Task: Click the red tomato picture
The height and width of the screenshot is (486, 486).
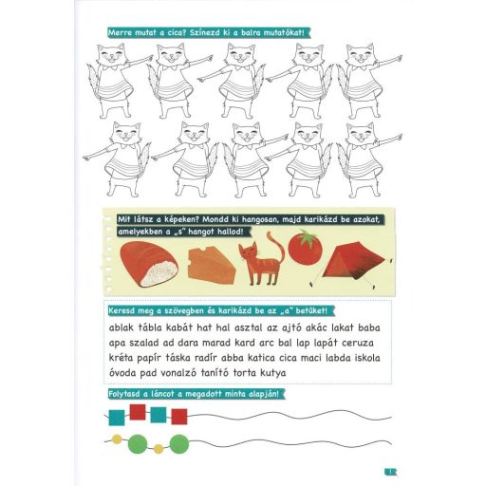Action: pos(305,248)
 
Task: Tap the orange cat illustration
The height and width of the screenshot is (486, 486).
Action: pos(261,259)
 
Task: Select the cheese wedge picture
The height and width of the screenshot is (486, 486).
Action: pos(212,265)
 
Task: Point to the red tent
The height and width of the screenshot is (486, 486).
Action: pos(351,263)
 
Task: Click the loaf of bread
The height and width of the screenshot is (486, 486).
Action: pos(149,264)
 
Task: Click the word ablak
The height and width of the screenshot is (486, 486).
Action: pos(121,327)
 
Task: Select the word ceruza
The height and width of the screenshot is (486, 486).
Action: pos(358,343)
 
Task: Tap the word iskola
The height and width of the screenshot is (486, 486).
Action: pos(366,358)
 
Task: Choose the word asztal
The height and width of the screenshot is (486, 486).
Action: pos(248,327)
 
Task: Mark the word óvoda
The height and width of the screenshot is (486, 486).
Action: pos(121,373)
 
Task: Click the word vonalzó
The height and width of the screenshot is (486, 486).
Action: pos(178,373)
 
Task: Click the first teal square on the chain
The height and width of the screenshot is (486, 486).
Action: pos(117,418)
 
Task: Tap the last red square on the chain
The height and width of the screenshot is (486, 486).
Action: pos(179,417)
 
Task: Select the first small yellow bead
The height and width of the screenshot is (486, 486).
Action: pos(117,439)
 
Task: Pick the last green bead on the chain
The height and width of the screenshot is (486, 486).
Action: pos(179,443)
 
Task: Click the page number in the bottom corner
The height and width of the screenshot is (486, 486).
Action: pos(390,472)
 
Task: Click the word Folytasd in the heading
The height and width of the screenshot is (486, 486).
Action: pos(124,394)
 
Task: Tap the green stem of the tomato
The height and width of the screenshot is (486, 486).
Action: pos(306,237)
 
